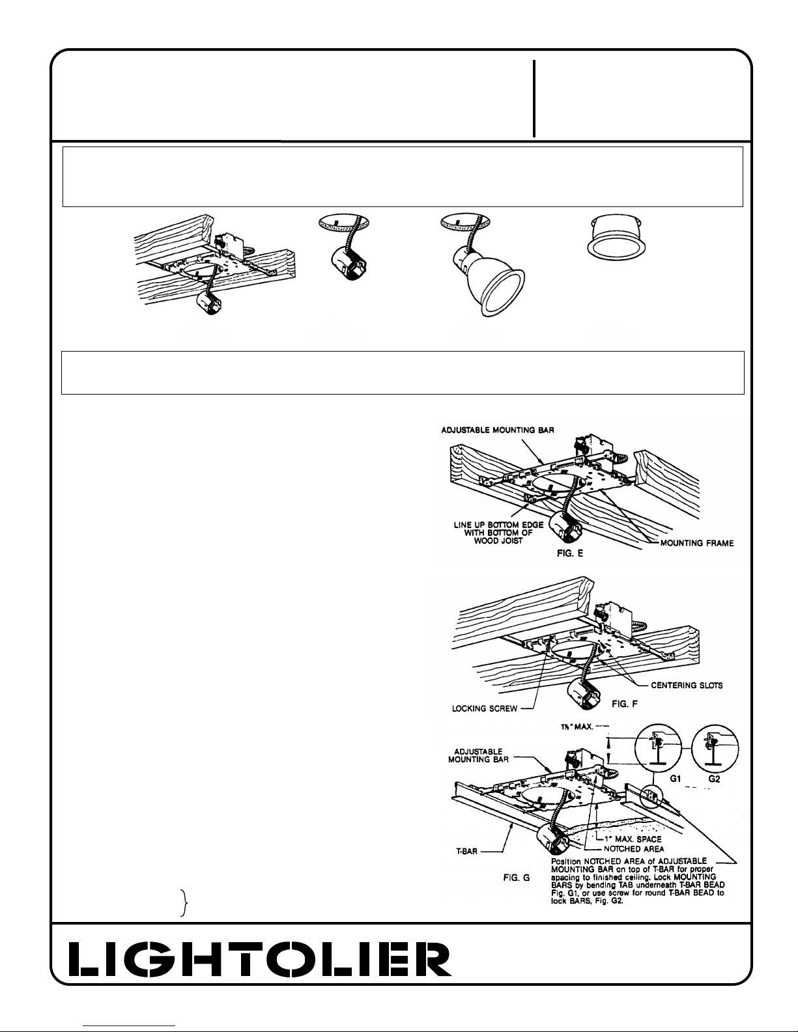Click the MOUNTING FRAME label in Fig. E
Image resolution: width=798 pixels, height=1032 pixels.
click(696, 544)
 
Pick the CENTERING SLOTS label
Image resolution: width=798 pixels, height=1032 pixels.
click(687, 684)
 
